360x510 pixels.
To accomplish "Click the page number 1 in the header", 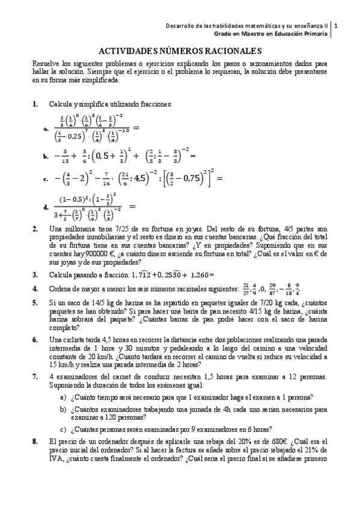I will click(336, 26).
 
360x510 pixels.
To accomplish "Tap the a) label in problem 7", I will click(63, 397).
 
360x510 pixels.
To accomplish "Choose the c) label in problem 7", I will click(63, 429).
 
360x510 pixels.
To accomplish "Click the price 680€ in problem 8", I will click(246, 442).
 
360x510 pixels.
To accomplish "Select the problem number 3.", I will click(35, 274).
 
